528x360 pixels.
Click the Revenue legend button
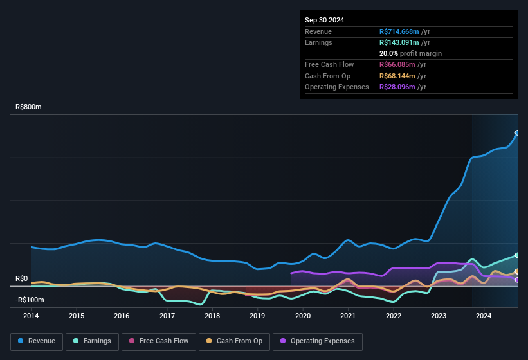pos(36,341)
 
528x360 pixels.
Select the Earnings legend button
pos(92,341)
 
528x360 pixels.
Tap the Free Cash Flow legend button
pos(158,341)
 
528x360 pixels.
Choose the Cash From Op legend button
pos(235,341)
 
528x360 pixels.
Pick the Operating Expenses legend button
pos(317,341)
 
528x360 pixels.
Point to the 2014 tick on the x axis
pos(31,316)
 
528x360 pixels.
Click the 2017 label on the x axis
pos(167,316)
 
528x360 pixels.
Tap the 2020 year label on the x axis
pos(303,316)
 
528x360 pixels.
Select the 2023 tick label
pos(439,316)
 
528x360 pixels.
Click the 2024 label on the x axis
pos(484,316)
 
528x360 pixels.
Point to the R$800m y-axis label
pos(28,107)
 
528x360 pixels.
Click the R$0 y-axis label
pos(22,279)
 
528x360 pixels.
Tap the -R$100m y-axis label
pos(30,300)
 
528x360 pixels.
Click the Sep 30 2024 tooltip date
pos(324,20)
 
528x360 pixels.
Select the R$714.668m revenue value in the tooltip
pos(399,32)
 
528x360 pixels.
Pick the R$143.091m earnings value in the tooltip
pos(399,42)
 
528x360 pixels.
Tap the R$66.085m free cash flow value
pos(397,65)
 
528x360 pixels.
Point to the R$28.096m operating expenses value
pos(397,87)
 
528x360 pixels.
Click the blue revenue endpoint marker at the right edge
pos(517,133)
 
